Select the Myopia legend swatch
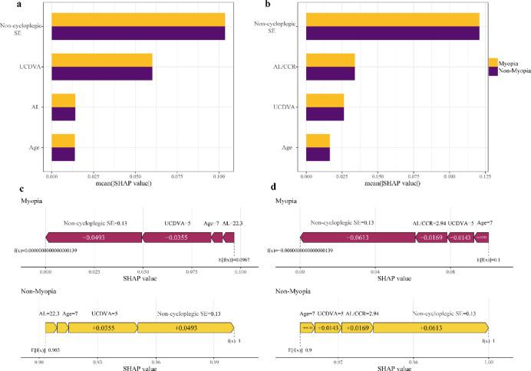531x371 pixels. (493, 61)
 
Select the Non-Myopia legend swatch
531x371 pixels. (493, 70)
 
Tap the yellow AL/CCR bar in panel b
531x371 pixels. (330, 60)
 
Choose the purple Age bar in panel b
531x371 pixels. (318, 154)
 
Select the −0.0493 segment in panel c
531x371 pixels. (94, 238)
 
